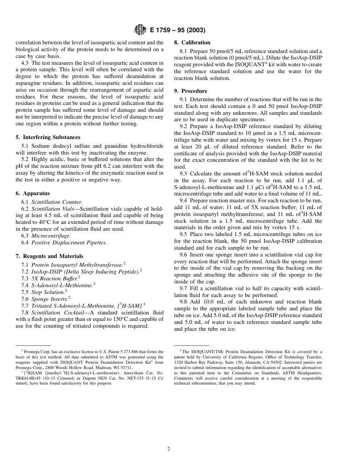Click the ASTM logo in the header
(x=140, y=30)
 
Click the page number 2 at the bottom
(x=169, y=449)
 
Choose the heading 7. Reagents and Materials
(x=49, y=256)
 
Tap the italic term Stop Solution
(x=47, y=292)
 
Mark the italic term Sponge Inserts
(x=49, y=299)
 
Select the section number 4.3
(x=25, y=63)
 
